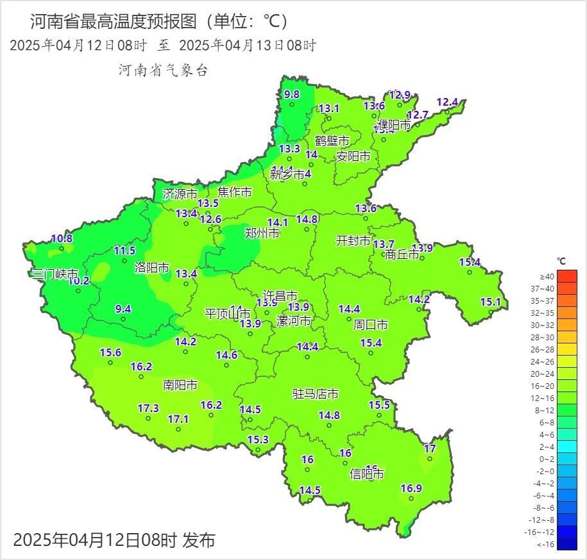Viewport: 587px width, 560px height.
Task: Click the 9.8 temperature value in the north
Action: pos(292,94)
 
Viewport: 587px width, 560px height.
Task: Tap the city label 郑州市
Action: pos(262,234)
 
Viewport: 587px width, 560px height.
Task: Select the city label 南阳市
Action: pos(180,385)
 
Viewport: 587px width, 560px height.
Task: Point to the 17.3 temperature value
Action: pos(148,408)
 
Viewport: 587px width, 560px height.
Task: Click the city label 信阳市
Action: pos(366,475)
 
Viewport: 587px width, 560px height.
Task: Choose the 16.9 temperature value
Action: pos(411,488)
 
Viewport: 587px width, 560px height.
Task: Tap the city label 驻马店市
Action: pos(316,393)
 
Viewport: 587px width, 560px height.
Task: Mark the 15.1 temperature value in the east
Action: pos(491,302)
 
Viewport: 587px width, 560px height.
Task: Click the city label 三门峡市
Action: pos(55,274)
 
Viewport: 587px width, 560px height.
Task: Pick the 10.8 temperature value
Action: pos(62,239)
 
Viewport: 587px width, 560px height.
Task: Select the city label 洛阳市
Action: pos(152,268)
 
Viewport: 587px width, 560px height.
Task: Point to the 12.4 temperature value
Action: pos(447,102)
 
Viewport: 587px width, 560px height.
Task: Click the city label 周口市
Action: pos(371,325)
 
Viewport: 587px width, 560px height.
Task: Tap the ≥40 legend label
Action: pos(547,276)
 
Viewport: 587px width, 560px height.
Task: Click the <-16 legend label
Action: pos(546,544)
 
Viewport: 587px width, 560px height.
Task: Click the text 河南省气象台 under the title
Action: pos(163,70)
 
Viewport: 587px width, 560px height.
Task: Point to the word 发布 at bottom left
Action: pos(198,540)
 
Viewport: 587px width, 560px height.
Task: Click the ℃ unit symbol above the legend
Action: pos(561,261)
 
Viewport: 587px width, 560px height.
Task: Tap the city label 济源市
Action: pos(180,194)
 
